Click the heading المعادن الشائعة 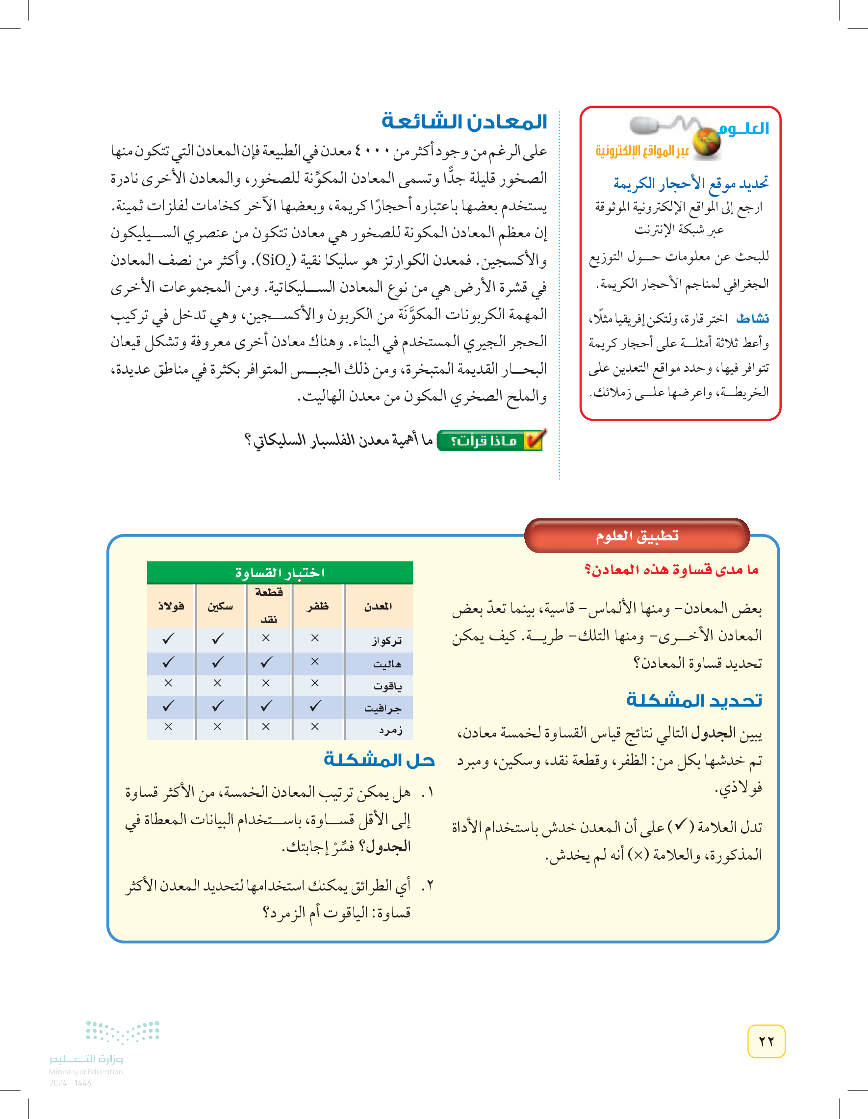[x=464, y=122]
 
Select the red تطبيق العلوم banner [x=637, y=536]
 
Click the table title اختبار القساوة [x=280, y=573]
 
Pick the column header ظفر [x=318, y=606]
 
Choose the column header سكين [x=220, y=606]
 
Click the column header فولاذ [x=171, y=606]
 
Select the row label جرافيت [x=383, y=708]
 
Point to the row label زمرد [x=390, y=730]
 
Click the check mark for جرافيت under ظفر [x=315, y=706]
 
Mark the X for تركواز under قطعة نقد [x=265, y=638]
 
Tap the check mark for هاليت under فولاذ [x=168, y=662]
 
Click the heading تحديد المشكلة [x=694, y=700]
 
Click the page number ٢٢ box [x=766, y=1041]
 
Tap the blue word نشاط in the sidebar [x=752, y=319]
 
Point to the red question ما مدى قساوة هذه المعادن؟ [x=671, y=570]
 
